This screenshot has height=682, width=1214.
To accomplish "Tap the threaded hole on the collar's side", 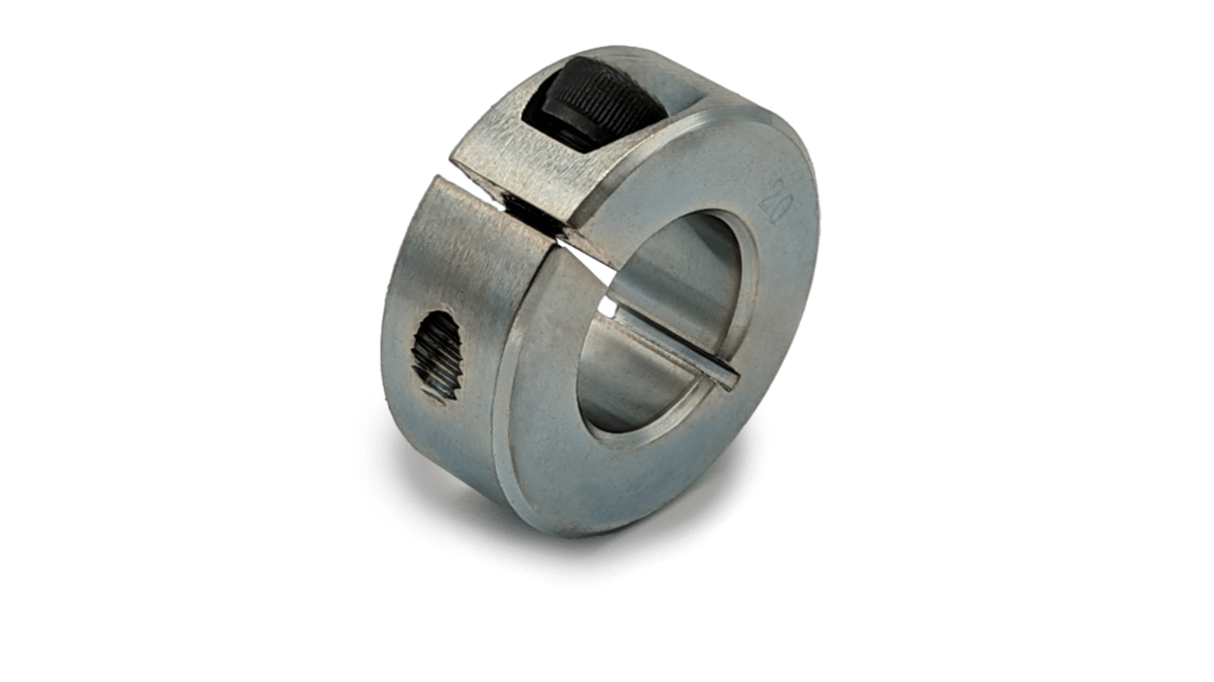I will click(x=439, y=355).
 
